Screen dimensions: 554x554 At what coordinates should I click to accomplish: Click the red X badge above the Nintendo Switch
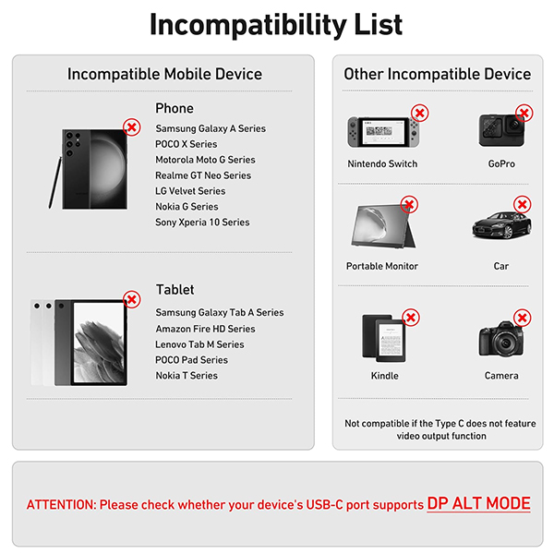pyautogui.click(x=420, y=113)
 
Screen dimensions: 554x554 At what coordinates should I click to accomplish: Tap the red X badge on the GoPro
pyautogui.click(x=524, y=113)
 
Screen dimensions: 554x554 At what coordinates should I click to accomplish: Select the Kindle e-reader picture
pyautogui.click(x=384, y=338)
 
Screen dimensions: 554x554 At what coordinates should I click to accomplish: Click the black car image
pyautogui.click(x=501, y=225)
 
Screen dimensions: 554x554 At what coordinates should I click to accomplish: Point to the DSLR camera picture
pyautogui.click(x=501, y=339)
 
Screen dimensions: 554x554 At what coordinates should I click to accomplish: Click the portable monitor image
pyautogui.click(x=383, y=226)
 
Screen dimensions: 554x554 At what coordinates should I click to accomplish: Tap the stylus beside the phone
pyautogui.click(x=54, y=183)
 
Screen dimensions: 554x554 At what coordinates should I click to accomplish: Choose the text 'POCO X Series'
pyautogui.click(x=187, y=144)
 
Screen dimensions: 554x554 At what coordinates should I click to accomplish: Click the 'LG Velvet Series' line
pyautogui.click(x=190, y=191)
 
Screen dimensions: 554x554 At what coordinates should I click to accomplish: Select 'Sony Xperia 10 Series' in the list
pyautogui.click(x=202, y=223)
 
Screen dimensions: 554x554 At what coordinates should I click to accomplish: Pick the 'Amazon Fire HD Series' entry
pyautogui.click(x=205, y=329)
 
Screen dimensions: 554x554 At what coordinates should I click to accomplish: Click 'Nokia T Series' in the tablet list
pyautogui.click(x=187, y=375)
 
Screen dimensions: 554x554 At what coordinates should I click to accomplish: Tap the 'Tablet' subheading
pyautogui.click(x=175, y=290)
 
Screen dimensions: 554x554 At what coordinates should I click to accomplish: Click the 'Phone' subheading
pyautogui.click(x=175, y=108)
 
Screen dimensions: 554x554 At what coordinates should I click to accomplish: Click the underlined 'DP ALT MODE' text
pyautogui.click(x=478, y=503)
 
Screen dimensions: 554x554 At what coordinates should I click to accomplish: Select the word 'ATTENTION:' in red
pyautogui.click(x=62, y=505)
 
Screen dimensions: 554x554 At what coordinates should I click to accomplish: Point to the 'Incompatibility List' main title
pyautogui.click(x=276, y=25)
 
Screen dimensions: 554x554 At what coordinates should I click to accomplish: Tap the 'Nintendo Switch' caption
pyautogui.click(x=382, y=164)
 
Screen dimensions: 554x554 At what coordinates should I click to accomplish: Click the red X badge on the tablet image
pyautogui.click(x=132, y=299)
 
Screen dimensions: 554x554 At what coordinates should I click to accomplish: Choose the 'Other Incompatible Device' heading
pyautogui.click(x=438, y=74)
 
